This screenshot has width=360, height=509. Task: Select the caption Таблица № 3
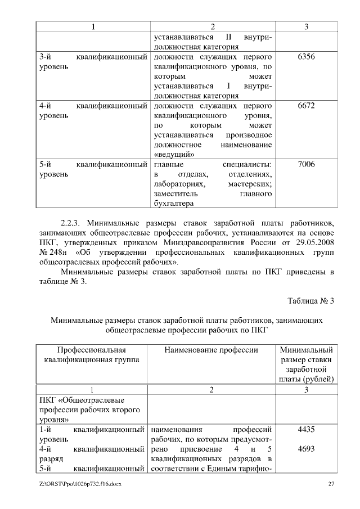(x=312, y=301)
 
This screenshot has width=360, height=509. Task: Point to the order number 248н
(x=55, y=252)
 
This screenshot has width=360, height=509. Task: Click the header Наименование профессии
(x=211, y=350)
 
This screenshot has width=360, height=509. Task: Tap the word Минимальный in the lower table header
(x=306, y=350)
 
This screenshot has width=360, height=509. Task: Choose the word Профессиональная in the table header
(x=91, y=350)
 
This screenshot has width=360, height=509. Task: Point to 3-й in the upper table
(x=46, y=57)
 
